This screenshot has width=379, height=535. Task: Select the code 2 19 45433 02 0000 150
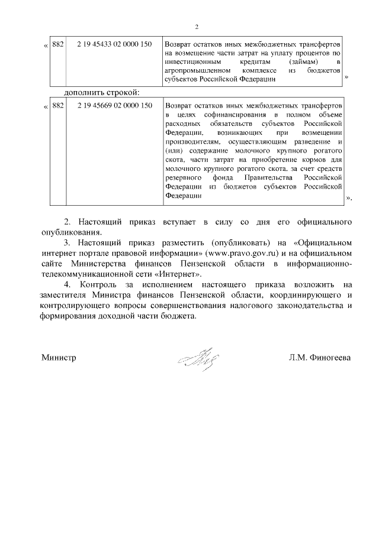tap(110, 44)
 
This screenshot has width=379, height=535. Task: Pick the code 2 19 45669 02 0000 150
tap(110, 106)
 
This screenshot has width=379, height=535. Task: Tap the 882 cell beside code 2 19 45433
tap(57, 44)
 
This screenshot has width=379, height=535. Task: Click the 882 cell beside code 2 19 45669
tap(57, 106)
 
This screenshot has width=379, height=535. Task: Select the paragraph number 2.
tap(67, 222)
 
